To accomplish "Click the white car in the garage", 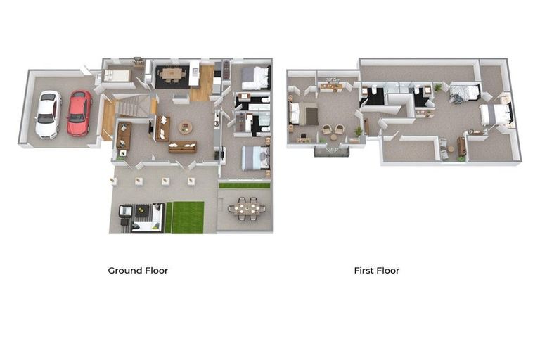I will (49, 114).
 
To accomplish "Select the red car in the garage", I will (79, 112).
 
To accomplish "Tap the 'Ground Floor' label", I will (138, 270).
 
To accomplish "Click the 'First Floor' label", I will (376, 270).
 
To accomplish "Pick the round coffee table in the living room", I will (185, 127).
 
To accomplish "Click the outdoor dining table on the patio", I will (247, 207).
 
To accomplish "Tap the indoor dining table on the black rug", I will (169, 72).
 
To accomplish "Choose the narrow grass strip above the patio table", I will (244, 186).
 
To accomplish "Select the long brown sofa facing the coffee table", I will (183, 146).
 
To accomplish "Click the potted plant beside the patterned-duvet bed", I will (438, 87).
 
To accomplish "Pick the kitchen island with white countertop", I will (194, 73).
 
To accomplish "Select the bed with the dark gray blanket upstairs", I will (297, 112).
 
